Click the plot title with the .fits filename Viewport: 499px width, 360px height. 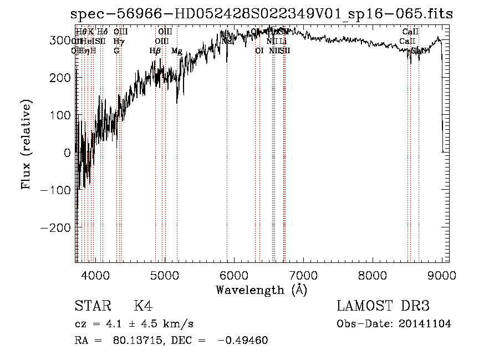[x=262, y=14]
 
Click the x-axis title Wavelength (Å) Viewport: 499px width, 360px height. [x=261, y=289]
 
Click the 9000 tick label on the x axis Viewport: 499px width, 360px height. [x=441, y=274]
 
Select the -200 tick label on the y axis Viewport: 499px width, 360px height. [x=55, y=228]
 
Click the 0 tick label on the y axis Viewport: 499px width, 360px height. [x=68, y=153]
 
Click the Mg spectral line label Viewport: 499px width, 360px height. [x=177, y=51]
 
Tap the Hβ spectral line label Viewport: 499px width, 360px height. [x=155, y=51]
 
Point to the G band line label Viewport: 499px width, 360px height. [x=116, y=51]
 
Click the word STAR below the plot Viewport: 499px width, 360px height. [x=90, y=306]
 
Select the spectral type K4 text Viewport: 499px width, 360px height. [x=143, y=306]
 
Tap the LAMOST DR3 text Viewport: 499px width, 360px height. [x=383, y=306]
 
